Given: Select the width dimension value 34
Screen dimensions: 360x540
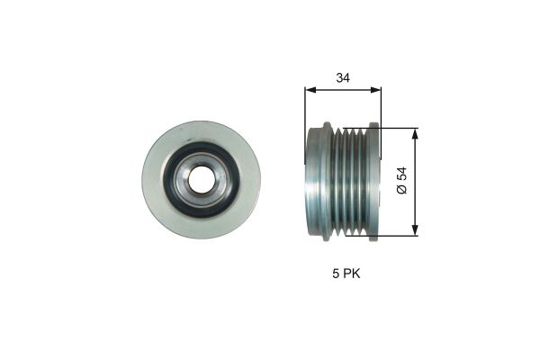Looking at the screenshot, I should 343,78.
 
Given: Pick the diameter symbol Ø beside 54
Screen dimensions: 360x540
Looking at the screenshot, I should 402,192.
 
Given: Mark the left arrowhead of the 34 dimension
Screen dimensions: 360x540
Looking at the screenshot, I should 310,90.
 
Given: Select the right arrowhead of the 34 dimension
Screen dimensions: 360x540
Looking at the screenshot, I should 376,90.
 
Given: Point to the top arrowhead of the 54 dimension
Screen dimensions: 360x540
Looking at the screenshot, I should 415,132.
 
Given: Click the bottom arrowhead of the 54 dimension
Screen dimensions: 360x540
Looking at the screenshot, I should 415,230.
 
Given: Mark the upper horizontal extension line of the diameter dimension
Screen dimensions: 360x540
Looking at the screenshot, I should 396,127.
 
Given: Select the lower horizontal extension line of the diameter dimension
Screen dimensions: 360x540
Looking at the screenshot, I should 396,236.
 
